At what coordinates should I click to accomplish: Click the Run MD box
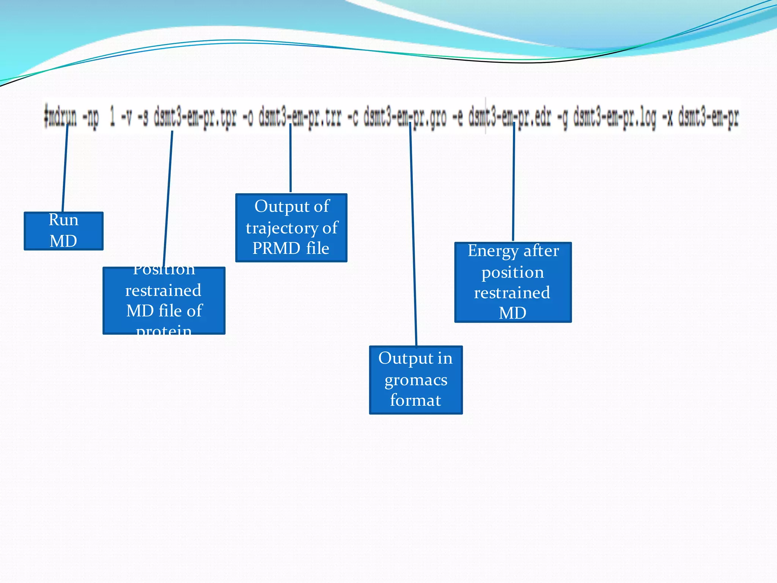point(63,231)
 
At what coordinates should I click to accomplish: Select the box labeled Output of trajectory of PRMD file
point(291,228)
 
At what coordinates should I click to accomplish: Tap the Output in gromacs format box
point(415,380)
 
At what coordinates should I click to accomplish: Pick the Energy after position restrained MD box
point(513,282)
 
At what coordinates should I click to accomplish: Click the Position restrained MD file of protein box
point(164,301)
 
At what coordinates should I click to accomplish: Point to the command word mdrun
point(61,117)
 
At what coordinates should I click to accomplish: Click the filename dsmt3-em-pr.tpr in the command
point(195,117)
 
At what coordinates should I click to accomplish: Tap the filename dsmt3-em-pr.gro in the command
point(405,117)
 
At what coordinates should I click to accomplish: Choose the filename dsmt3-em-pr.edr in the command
point(510,117)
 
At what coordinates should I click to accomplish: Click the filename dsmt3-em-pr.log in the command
point(614,117)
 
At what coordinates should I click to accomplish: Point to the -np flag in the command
point(91,117)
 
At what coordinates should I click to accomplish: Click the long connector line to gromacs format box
point(413,235)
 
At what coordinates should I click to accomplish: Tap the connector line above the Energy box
point(513,182)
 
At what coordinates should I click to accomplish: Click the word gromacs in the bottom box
point(416,380)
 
